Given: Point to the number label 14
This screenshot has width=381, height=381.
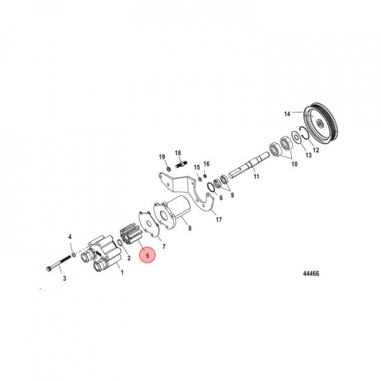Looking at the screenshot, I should tap(287, 113).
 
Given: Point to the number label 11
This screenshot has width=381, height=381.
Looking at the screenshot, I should tap(256, 176).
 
